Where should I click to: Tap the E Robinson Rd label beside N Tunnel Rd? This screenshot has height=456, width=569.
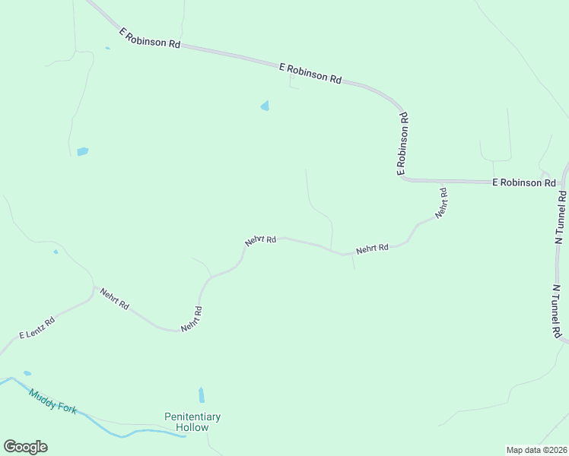pos(523,183)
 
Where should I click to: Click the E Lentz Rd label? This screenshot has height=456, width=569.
pos(37,328)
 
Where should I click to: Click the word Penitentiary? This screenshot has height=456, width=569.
pos(192,416)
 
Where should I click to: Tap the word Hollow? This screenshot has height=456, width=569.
pos(192,427)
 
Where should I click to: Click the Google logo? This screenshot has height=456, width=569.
pos(25,447)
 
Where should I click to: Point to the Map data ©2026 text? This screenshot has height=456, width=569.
pos(536,449)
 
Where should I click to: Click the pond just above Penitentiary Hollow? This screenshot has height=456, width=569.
pos(202,395)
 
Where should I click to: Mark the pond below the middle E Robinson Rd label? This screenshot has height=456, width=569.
pos(265,106)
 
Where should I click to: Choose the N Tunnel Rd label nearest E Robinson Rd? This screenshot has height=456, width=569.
pos(561,216)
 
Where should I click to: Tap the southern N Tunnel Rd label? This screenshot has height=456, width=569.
pos(557,312)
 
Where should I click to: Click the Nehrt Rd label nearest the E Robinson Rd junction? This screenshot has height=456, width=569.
pos(442,204)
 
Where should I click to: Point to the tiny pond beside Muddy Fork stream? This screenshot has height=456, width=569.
pos(27,373)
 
